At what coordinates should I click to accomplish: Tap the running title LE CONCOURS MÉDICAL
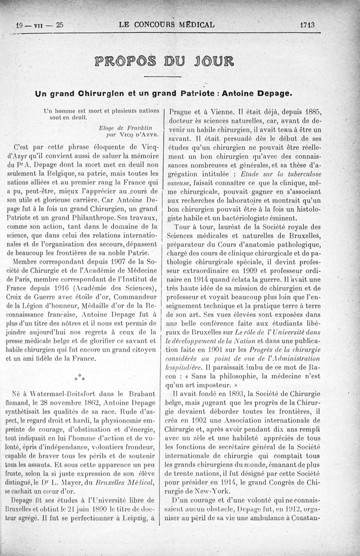[166, 25]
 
